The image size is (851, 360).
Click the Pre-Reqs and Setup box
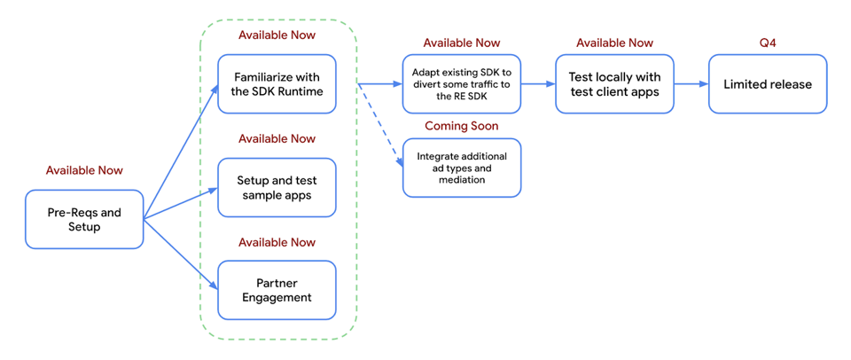click(84, 219)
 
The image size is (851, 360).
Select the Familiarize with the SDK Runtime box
click(277, 83)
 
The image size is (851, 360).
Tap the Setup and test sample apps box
click(277, 187)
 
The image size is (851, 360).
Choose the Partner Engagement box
click(277, 290)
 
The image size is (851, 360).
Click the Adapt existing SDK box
click(461, 83)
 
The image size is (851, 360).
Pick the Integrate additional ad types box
click(461, 168)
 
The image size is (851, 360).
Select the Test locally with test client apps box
click(614, 83)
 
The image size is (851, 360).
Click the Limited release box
click(768, 83)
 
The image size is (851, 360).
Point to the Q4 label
click(768, 43)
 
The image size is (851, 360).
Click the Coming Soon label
click(461, 126)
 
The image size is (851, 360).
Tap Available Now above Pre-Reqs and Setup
click(84, 170)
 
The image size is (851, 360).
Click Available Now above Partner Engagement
click(277, 242)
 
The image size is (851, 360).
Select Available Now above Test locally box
click(614, 43)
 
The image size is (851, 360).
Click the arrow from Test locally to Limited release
click(691, 84)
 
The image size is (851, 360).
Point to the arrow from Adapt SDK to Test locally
click(537, 84)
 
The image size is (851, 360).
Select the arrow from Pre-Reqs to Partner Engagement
click(181, 254)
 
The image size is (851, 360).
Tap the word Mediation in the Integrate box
click(461, 179)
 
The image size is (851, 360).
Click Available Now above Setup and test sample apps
click(277, 138)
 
